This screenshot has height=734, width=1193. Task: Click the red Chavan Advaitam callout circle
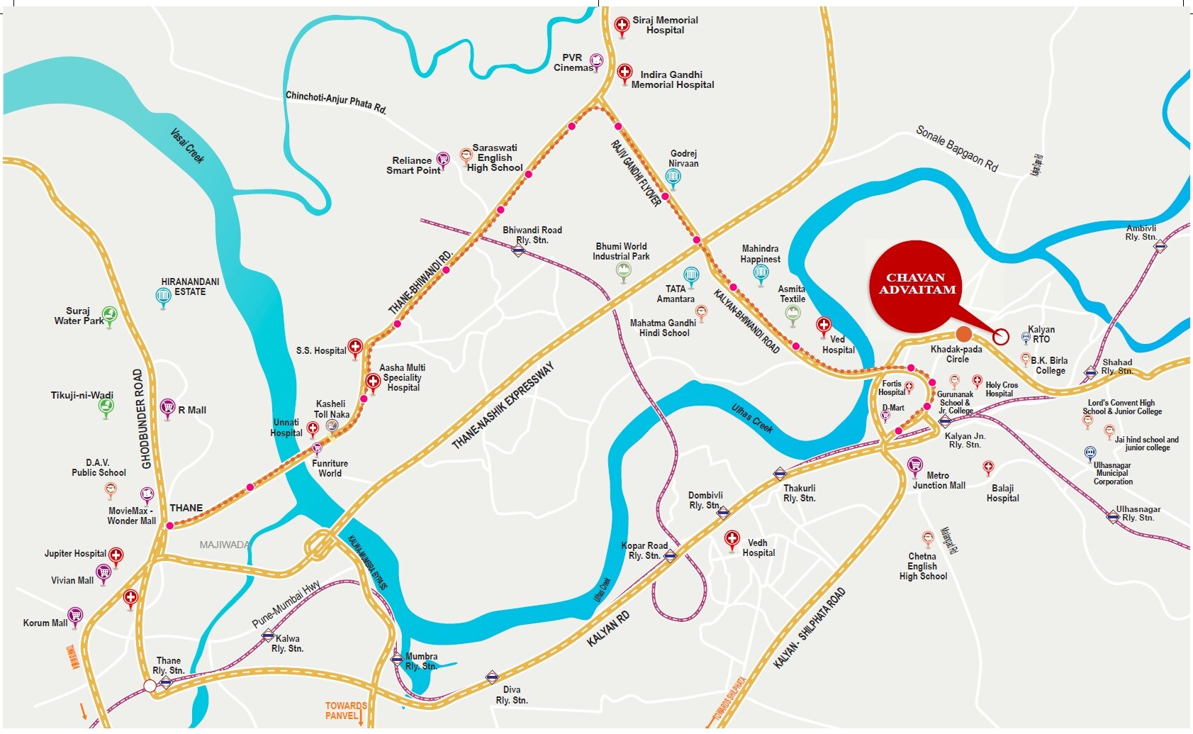(917, 286)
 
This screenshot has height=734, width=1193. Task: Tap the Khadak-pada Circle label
(956, 354)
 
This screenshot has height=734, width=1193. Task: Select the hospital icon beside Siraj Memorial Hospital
(622, 26)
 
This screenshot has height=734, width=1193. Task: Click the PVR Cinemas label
(573, 62)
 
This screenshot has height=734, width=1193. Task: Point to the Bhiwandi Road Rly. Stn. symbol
(519, 250)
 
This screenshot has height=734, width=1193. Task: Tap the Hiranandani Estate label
(190, 287)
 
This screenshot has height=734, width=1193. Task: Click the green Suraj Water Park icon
(109, 313)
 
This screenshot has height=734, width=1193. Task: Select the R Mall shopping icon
(167, 407)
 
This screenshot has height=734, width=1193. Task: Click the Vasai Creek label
(187, 145)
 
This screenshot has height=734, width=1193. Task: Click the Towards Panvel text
(345, 711)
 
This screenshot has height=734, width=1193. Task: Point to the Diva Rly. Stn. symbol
(492, 677)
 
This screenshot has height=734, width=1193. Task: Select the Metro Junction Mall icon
(915, 465)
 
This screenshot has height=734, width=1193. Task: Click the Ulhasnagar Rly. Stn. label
(1138, 513)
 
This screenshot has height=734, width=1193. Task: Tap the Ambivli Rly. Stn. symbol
(1160, 247)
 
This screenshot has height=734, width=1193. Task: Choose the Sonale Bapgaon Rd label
(956, 148)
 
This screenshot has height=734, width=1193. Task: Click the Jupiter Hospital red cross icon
(116, 555)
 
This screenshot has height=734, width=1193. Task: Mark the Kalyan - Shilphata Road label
(809, 628)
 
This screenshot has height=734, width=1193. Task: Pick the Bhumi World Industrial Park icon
(623, 270)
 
